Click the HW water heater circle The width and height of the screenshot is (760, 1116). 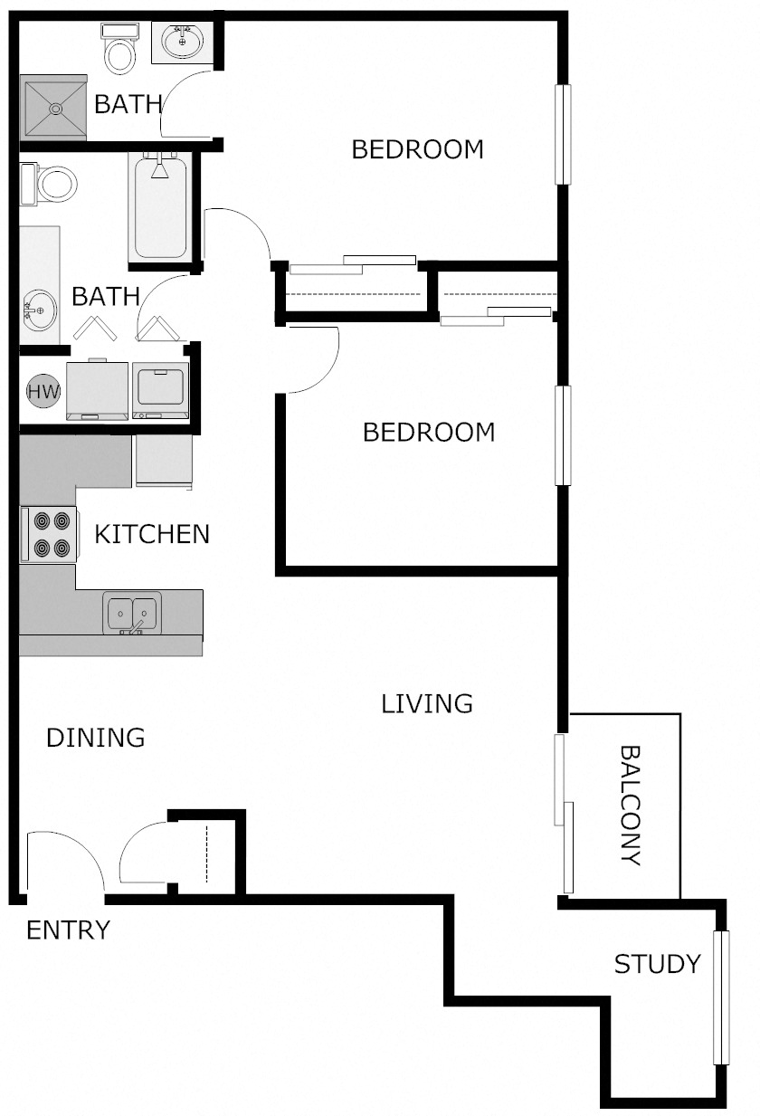click(x=43, y=392)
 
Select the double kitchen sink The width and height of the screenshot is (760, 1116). click(x=132, y=613)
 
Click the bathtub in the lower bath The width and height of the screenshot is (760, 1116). click(x=160, y=206)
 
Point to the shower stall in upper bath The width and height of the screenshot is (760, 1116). click(x=53, y=108)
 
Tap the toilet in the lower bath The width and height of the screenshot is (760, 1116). click(x=52, y=184)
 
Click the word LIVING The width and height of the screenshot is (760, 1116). click(x=427, y=703)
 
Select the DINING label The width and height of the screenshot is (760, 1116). click(x=95, y=738)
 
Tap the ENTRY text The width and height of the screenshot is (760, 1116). click(x=68, y=930)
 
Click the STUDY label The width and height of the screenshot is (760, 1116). click(x=658, y=964)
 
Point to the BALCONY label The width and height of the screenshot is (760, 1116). click(x=631, y=806)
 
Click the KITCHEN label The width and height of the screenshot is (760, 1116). click(x=152, y=534)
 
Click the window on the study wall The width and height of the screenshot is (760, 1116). click(x=721, y=997)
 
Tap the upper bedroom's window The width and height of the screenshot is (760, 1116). click(x=564, y=135)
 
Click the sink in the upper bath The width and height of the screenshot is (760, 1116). click(x=184, y=41)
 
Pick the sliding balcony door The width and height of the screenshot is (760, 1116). click(x=564, y=815)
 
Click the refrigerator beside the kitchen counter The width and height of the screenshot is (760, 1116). click(x=164, y=462)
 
